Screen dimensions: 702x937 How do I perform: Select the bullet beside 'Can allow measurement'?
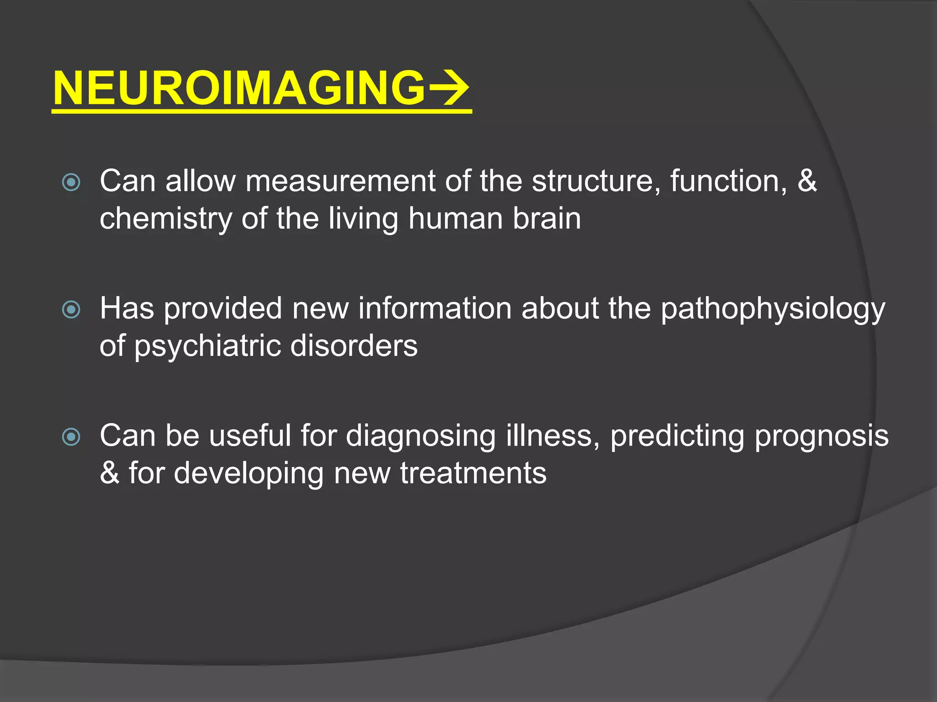pyautogui.click(x=71, y=183)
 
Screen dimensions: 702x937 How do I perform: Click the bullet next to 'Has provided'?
pyautogui.click(x=71, y=310)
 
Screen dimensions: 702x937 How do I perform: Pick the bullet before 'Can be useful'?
pyautogui.click(x=71, y=437)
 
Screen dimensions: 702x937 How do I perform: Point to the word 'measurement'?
pyautogui.click(x=340, y=181)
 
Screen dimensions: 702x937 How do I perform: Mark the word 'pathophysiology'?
pyautogui.click(x=773, y=309)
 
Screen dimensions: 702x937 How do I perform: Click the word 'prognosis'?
pyautogui.click(x=822, y=436)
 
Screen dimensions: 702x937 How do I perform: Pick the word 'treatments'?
pyautogui.click(x=473, y=473)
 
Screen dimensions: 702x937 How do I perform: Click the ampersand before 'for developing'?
pyautogui.click(x=109, y=473)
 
